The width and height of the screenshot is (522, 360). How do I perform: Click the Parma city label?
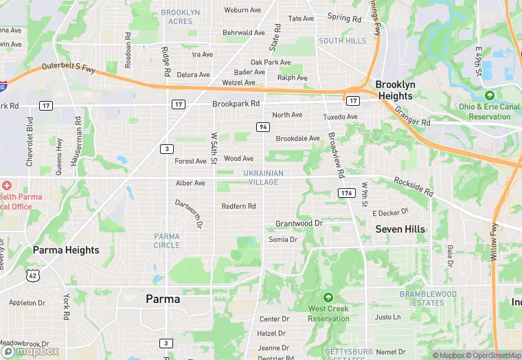[163, 300]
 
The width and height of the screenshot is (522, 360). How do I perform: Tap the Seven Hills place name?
[400, 229]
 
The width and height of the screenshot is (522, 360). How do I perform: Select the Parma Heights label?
[66, 250]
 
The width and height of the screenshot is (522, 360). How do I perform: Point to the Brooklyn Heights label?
[395, 90]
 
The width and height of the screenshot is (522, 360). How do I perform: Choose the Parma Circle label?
[167, 240]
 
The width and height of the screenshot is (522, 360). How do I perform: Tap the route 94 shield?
[263, 127]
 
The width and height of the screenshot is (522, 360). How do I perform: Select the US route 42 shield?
[32, 275]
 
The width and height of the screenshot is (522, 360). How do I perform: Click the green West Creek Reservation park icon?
[328, 297]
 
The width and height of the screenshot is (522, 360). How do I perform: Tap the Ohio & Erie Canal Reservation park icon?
[489, 95]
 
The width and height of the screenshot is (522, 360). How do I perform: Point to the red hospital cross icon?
[7, 185]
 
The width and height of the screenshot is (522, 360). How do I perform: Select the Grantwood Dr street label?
[299, 224]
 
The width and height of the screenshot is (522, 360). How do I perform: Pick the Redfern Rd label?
[238, 206]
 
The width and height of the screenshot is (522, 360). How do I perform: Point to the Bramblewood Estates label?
[428, 298]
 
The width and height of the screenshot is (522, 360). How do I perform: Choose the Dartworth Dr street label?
[188, 214]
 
